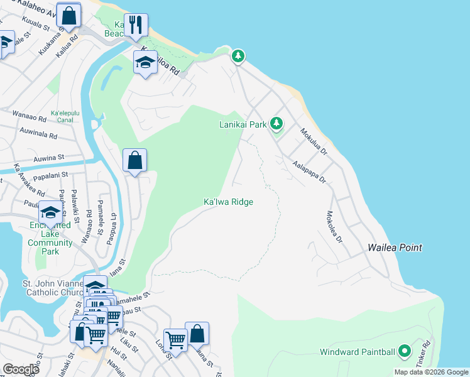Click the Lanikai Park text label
click(243, 124)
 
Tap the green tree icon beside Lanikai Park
click(276, 123)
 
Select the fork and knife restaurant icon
click(136, 25)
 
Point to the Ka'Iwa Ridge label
click(228, 202)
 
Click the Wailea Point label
click(395, 248)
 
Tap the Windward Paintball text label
click(357, 352)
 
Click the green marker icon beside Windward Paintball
click(405, 351)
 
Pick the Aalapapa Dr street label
click(310, 171)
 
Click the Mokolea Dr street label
click(334, 227)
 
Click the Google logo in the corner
click(21, 369)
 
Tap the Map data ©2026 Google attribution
click(432, 372)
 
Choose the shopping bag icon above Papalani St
click(135, 160)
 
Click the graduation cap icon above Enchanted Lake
click(51, 212)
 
